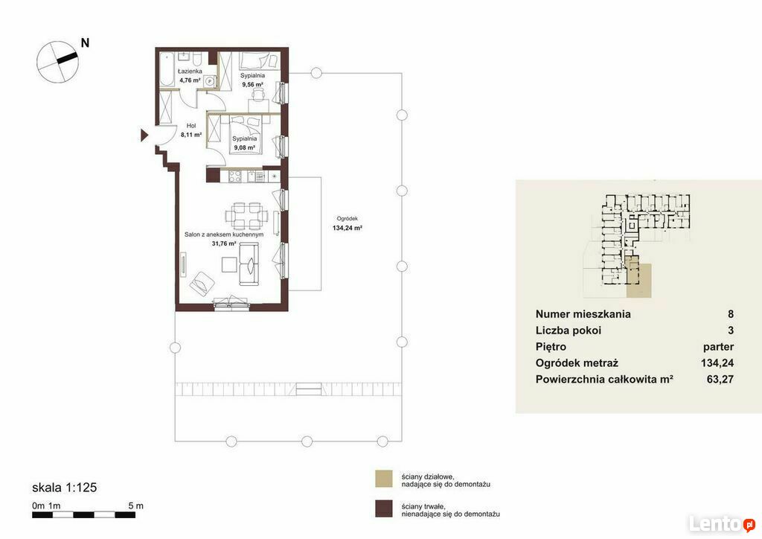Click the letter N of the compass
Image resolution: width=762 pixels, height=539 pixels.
(85, 42)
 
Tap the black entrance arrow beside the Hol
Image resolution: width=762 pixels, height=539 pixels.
(144, 135)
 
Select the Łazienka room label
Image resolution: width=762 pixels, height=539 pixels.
(190, 71)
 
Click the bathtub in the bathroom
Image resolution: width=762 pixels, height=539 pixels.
(167, 69)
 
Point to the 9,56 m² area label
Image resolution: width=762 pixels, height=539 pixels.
(252, 84)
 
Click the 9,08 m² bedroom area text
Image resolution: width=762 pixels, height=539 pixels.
(244, 147)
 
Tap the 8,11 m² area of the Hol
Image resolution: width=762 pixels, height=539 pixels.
(191, 135)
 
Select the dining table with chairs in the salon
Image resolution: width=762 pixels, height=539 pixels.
(246, 216)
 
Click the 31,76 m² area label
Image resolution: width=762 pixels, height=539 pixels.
(224, 243)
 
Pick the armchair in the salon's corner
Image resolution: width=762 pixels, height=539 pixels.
(202, 284)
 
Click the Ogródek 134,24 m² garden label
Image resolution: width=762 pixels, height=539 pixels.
(348, 223)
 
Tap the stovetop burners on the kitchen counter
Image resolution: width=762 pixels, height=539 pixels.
(235, 176)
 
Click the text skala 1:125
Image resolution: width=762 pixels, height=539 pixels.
(65, 487)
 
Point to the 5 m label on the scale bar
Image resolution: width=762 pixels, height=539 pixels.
(136, 505)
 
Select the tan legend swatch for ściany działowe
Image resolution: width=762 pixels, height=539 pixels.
(383, 479)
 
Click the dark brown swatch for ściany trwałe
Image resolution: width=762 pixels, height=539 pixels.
(383, 509)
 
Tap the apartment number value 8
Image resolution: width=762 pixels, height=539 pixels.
(731, 314)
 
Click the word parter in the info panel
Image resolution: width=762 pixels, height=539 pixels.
(718, 347)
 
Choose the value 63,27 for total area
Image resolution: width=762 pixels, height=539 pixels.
(720, 379)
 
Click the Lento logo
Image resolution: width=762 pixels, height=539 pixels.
(722, 524)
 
